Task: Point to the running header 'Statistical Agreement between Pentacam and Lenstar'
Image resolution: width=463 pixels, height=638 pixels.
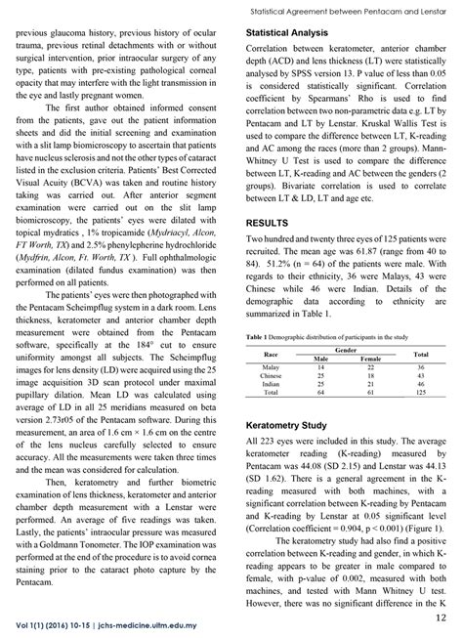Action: [349, 9]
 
